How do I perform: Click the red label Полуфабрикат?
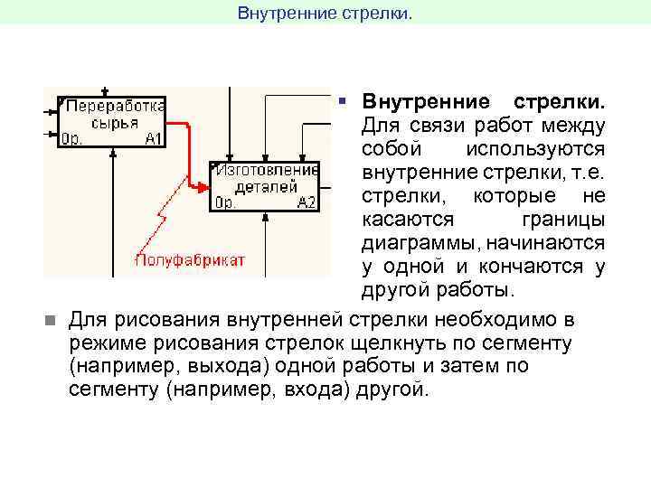190,260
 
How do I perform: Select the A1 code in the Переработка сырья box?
153,139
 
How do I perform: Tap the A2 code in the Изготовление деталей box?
306,202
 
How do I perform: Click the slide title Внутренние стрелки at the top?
324,13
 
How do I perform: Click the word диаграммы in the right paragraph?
415,244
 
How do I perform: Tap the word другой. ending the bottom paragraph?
392,390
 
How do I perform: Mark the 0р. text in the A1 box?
72,139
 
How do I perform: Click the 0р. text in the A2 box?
225,202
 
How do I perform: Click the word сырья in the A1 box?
113,123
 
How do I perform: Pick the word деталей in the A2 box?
266,187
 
